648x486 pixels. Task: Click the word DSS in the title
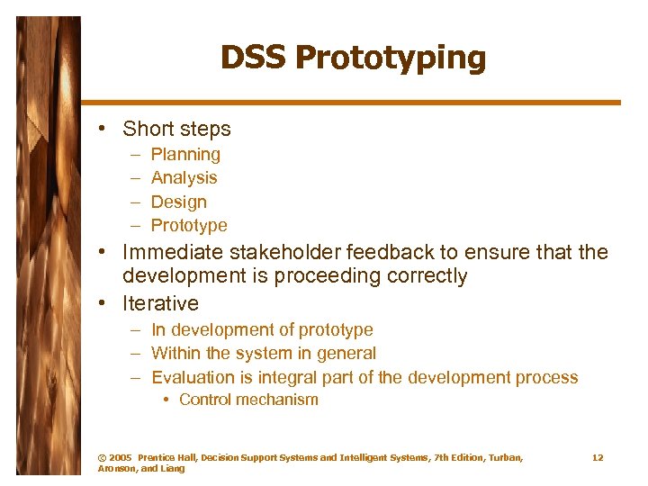(x=254, y=58)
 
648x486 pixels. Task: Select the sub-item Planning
(x=185, y=155)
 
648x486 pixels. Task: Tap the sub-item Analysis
(x=184, y=178)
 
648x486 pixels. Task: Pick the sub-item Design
(x=178, y=202)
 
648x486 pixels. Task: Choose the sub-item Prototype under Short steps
(x=189, y=226)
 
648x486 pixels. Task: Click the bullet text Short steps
(x=176, y=129)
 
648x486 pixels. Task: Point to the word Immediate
(x=174, y=253)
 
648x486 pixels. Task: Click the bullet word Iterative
(x=160, y=303)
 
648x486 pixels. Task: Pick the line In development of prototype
(x=261, y=330)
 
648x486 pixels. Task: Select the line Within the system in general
(x=263, y=354)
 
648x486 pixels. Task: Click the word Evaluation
(x=191, y=378)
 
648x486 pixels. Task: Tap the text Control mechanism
(x=248, y=400)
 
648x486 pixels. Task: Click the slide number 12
(x=598, y=458)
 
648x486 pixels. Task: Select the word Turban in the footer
(x=501, y=458)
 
